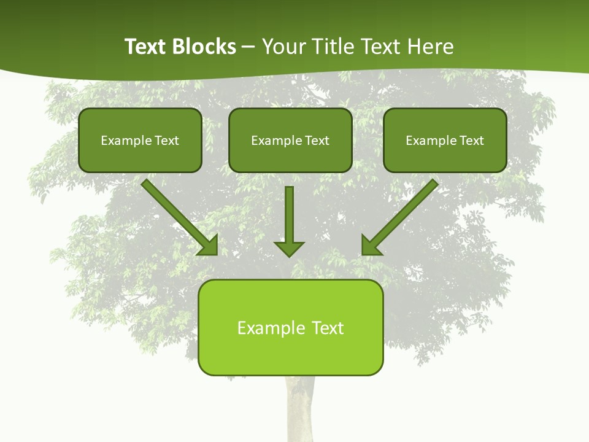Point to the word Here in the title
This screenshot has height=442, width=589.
(431, 47)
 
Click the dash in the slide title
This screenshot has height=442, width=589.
(248, 47)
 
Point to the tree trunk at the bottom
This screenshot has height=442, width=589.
(299, 411)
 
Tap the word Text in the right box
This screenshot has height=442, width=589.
(471, 141)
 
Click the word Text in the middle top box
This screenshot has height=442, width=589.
(317, 141)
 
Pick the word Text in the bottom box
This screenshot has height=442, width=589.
(328, 328)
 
